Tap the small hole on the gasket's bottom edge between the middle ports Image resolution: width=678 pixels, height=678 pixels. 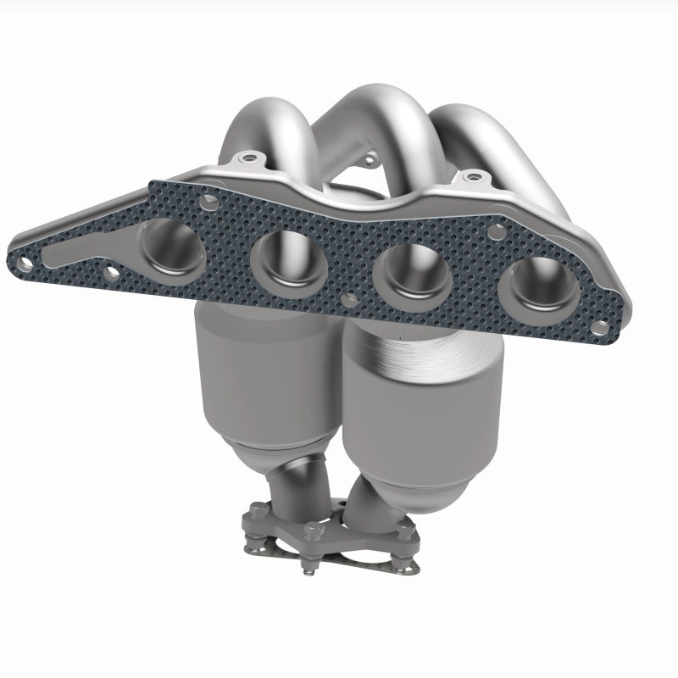coord(349,299)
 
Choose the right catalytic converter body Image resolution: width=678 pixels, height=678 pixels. coord(424,415)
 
